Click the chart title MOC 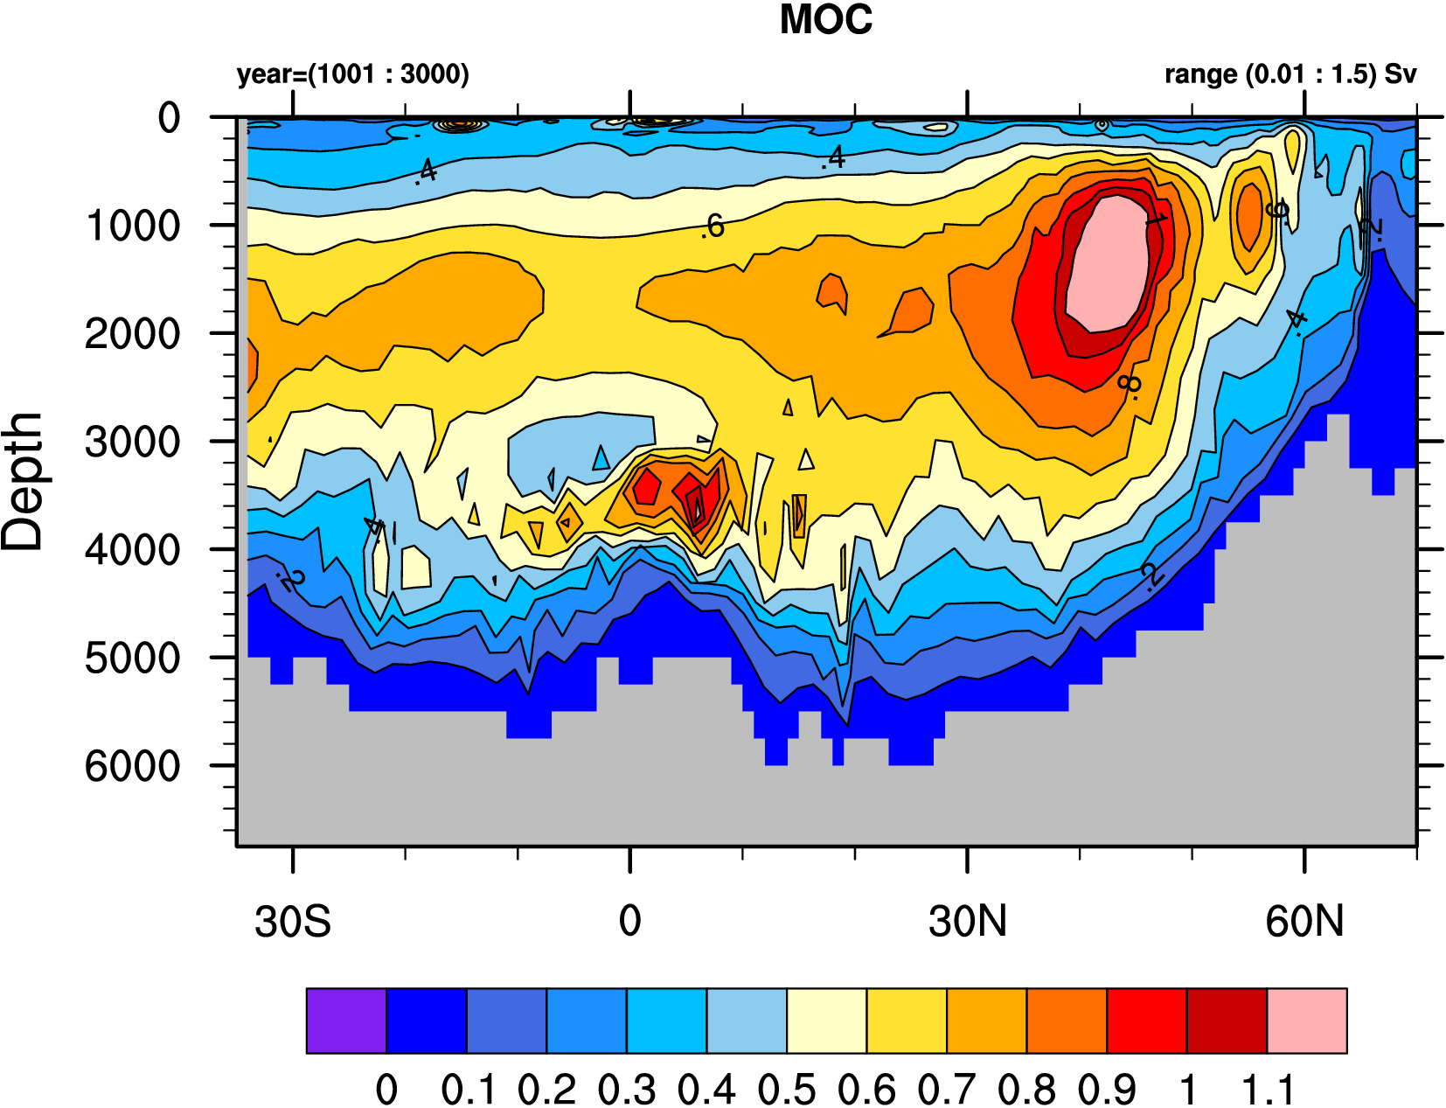(825, 20)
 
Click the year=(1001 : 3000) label (352, 74)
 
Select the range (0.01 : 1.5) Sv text (1290, 74)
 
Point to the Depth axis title (23, 481)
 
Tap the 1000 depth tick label (133, 226)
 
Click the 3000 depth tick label (133, 443)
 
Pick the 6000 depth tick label (133, 767)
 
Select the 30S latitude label (293, 922)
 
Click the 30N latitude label (967, 922)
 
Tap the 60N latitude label (1303, 922)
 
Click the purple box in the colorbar (346, 1021)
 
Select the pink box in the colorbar (1306, 1021)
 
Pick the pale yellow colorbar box (826, 1021)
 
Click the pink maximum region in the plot (1106, 262)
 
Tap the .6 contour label (713, 226)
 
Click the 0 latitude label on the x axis (629, 922)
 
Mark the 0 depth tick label (169, 118)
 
